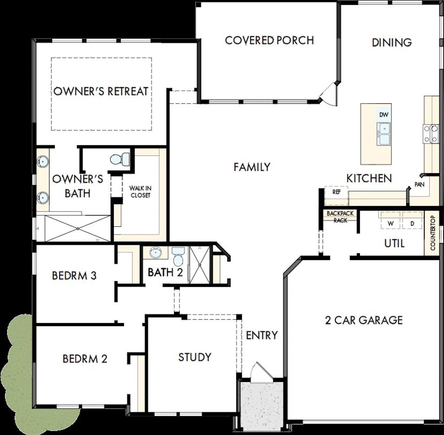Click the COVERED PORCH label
(269, 40)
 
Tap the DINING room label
(392, 42)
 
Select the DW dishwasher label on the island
(383, 115)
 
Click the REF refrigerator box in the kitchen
(336, 192)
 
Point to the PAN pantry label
(419, 184)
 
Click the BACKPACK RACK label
(340, 216)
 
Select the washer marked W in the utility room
(391, 224)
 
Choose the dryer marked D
(412, 224)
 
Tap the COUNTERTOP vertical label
(433, 233)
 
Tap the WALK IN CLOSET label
(140, 192)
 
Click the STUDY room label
(195, 357)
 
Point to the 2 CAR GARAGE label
(364, 320)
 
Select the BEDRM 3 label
(74, 276)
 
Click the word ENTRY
(262, 335)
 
